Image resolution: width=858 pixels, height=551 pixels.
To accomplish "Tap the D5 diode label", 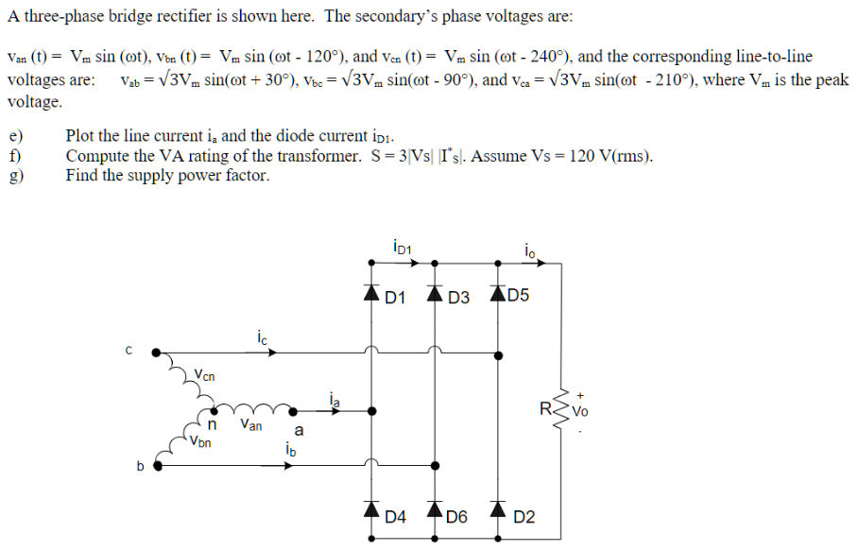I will pyautogui.click(x=519, y=296).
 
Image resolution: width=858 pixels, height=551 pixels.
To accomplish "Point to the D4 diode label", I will pyautogui.click(x=396, y=517).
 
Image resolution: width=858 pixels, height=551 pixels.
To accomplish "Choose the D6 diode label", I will pyautogui.click(x=457, y=517).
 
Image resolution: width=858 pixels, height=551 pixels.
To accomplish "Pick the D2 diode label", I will pyautogui.click(x=524, y=517).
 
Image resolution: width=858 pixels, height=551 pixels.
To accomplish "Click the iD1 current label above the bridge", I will pyautogui.click(x=400, y=248).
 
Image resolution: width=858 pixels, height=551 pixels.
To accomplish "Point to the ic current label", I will pyautogui.click(x=262, y=336).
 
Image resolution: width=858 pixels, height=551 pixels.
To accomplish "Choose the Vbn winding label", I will pyautogui.click(x=199, y=439).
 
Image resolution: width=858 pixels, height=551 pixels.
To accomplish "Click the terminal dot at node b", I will pyautogui.click(x=159, y=464).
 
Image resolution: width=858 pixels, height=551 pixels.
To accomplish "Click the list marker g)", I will pyautogui.click(x=14, y=175).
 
